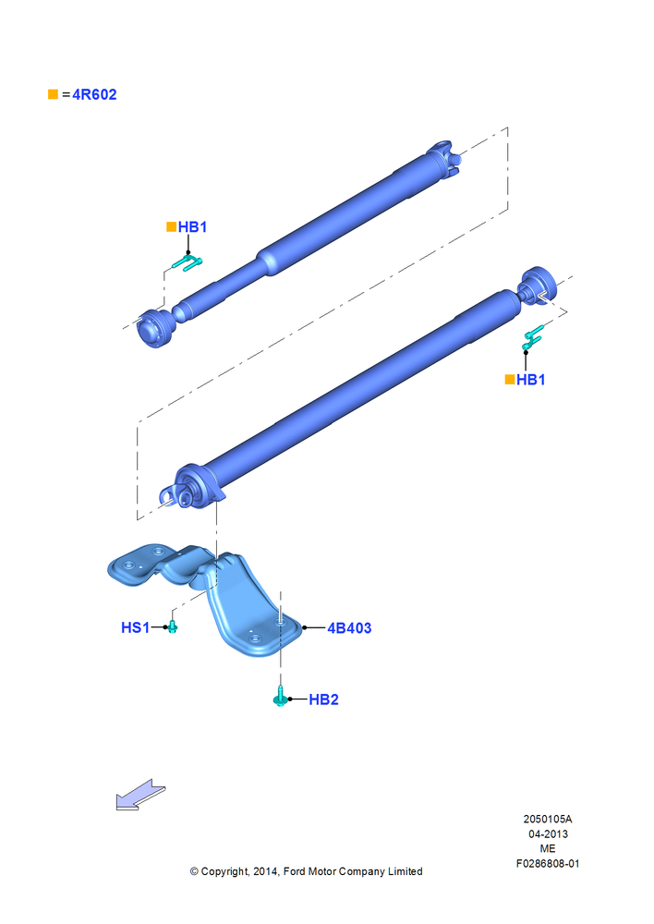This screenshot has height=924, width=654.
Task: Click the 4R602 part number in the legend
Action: pyautogui.click(x=94, y=94)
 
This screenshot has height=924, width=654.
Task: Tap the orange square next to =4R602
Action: pyautogui.click(x=53, y=94)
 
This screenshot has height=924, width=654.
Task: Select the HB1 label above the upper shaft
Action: pyautogui.click(x=192, y=227)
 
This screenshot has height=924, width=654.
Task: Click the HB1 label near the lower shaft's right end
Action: pyautogui.click(x=531, y=380)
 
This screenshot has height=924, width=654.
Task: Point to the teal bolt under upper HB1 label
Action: pyautogui.click(x=188, y=263)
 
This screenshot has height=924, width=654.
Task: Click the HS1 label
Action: pyautogui.click(x=135, y=627)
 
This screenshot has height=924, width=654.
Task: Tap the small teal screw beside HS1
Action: pyautogui.click(x=172, y=626)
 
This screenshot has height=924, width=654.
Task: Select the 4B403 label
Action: pyautogui.click(x=349, y=628)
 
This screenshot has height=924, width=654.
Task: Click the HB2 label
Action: pyautogui.click(x=323, y=699)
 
